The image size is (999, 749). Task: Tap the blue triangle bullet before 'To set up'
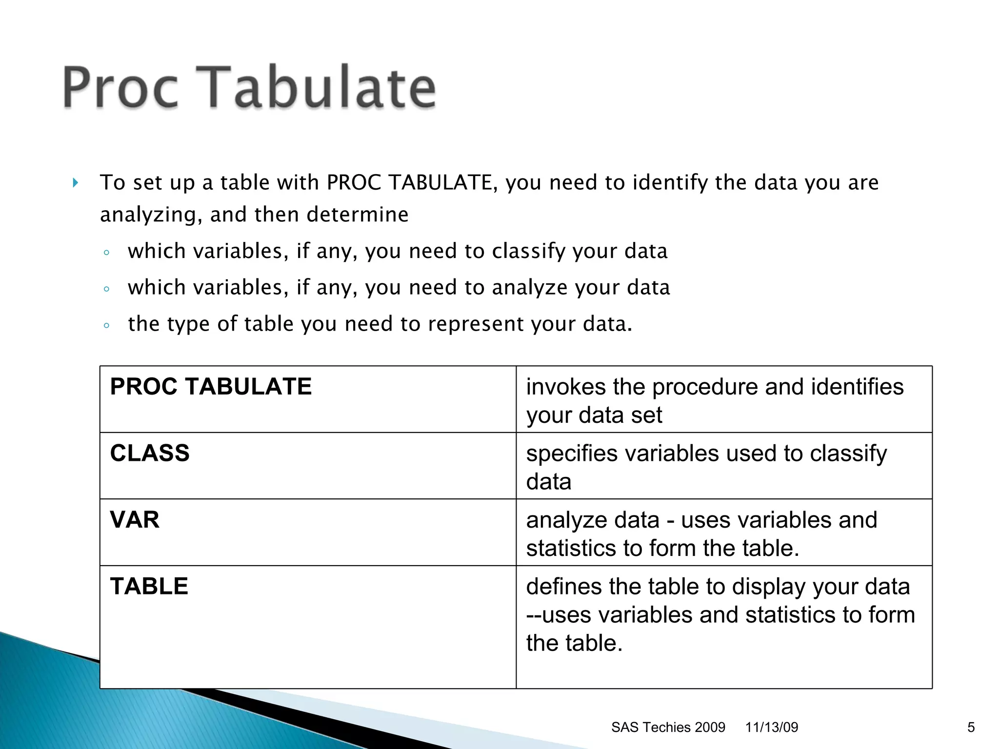pyautogui.click(x=75, y=183)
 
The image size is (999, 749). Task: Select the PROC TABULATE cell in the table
pyautogui.click(x=211, y=387)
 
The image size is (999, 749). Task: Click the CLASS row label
pyautogui.click(x=150, y=453)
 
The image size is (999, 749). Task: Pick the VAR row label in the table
pyautogui.click(x=135, y=520)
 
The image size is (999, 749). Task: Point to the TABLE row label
pyautogui.click(x=149, y=586)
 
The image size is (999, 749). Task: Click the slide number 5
pyautogui.click(x=971, y=728)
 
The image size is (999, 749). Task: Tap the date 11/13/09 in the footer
pyautogui.click(x=771, y=728)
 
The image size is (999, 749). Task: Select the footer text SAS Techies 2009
pyautogui.click(x=668, y=728)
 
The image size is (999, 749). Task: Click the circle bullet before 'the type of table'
pyautogui.click(x=106, y=325)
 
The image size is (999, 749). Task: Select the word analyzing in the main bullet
pyautogui.click(x=147, y=215)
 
